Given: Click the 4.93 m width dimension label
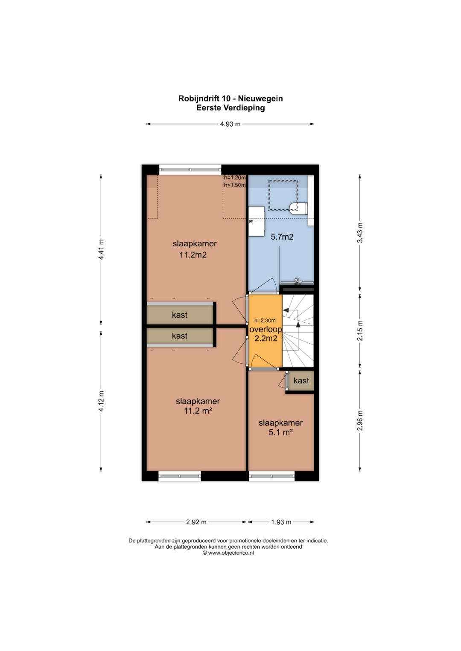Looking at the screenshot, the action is (x=230, y=124).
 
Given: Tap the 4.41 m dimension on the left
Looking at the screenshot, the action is (x=101, y=249).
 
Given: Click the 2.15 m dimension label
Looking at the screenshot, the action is (x=360, y=331).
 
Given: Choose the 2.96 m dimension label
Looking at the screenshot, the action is (x=360, y=420).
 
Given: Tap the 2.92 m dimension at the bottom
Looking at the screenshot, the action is (x=196, y=522).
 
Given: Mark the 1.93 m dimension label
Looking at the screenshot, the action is (x=281, y=522).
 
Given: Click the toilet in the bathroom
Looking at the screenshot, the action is (x=299, y=208).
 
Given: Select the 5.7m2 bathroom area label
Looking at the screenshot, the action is (x=282, y=237).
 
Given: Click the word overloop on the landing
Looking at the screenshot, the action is (x=266, y=330).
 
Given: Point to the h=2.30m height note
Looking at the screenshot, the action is (x=265, y=321).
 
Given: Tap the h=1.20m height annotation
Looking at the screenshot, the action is (x=235, y=178).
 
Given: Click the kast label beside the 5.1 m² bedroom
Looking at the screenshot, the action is (x=301, y=380).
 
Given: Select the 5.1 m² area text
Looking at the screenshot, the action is (x=280, y=432).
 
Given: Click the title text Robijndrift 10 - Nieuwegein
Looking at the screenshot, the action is (x=230, y=98).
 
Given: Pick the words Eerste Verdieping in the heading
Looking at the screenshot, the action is (x=230, y=108).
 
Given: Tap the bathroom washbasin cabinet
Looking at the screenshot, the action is (x=257, y=221).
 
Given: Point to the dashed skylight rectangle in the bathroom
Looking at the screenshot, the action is (x=283, y=195).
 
